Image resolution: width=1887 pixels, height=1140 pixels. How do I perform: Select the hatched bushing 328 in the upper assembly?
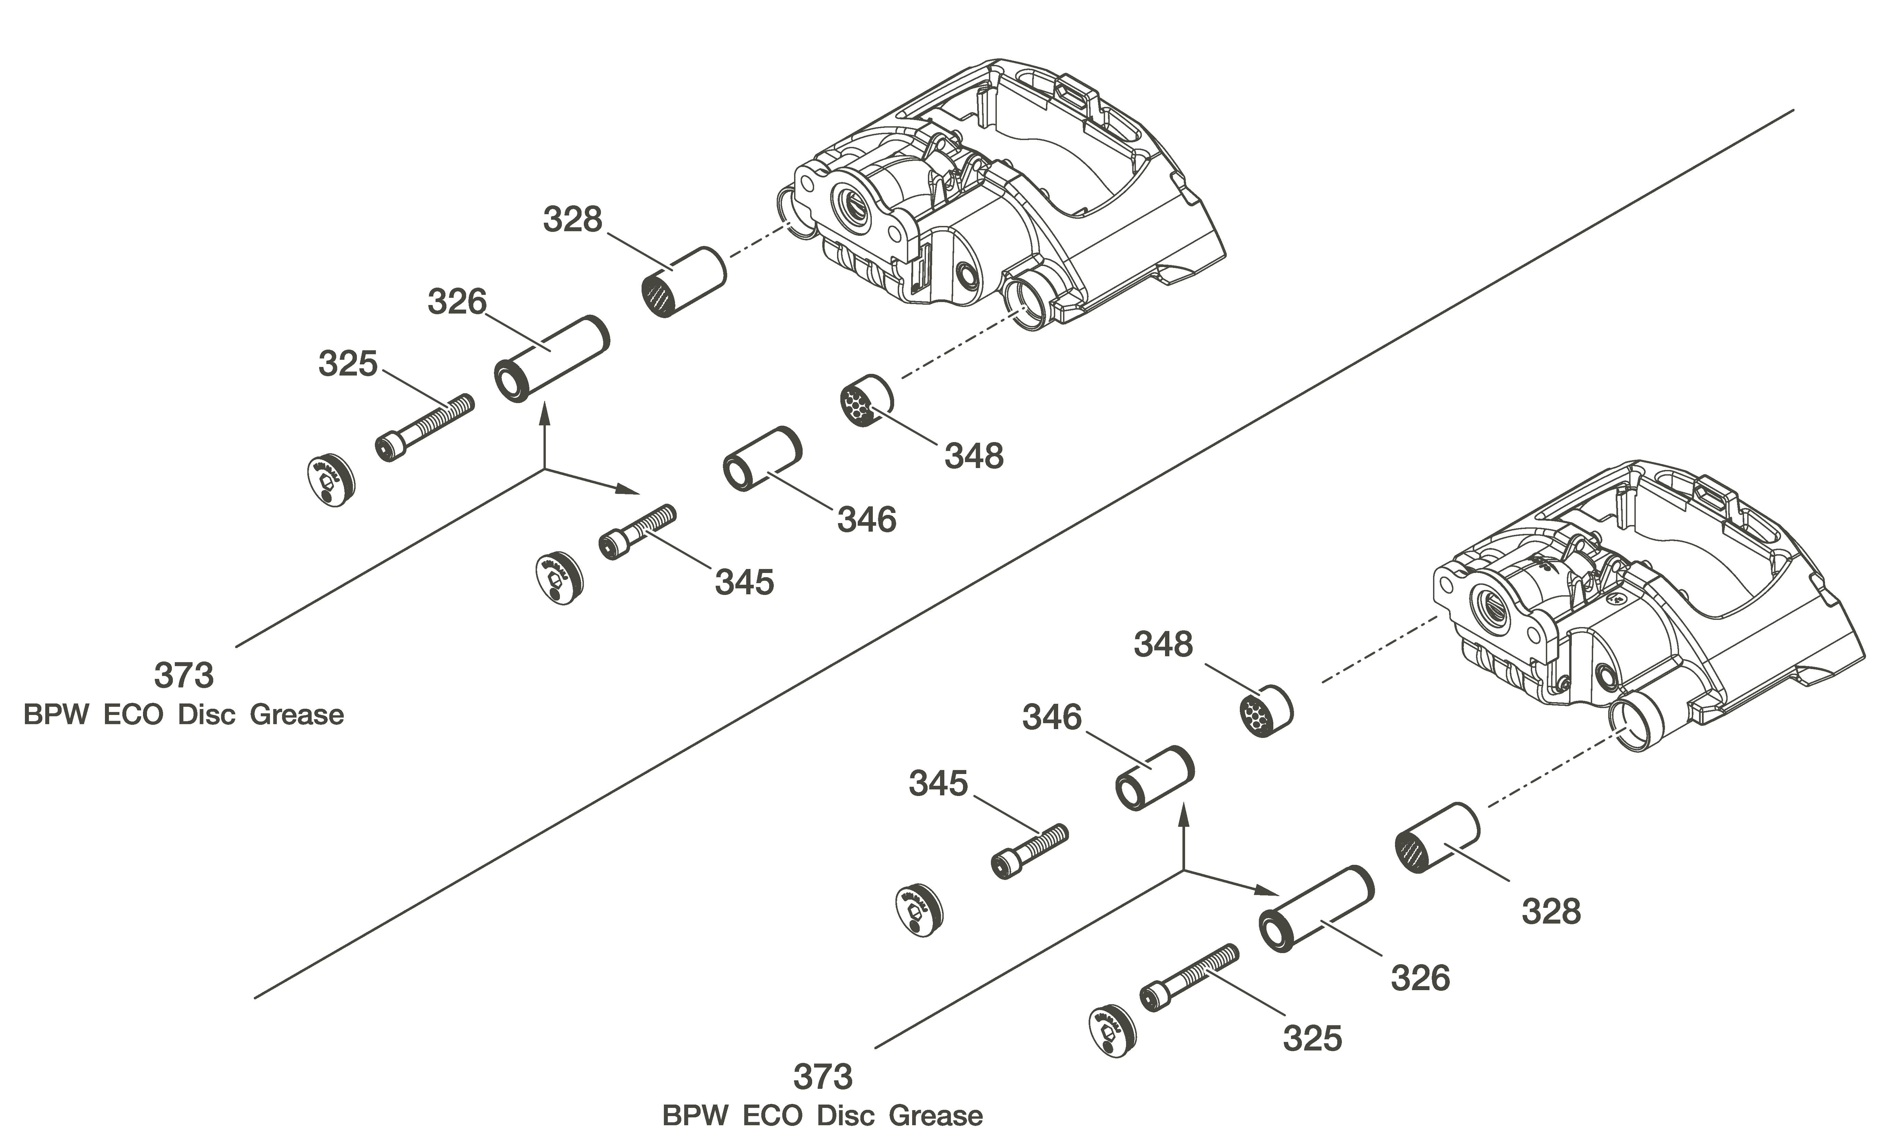682,282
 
